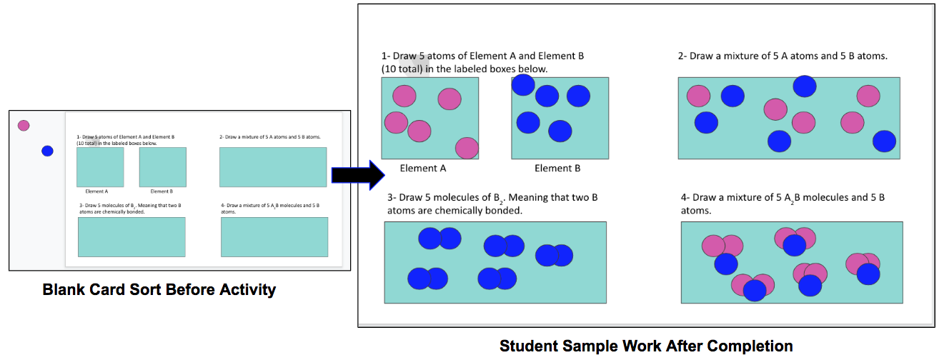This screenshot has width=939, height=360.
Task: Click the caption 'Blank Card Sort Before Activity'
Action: [x=159, y=290]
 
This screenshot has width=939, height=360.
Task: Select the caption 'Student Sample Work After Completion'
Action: [x=646, y=346]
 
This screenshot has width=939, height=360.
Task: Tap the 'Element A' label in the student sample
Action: [x=423, y=169]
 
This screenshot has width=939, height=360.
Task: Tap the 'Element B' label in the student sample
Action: [x=557, y=169]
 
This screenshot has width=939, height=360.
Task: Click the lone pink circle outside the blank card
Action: [x=24, y=126]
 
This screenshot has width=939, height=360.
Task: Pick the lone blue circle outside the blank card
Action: [x=47, y=151]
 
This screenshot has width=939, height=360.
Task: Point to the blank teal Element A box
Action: [x=100, y=167]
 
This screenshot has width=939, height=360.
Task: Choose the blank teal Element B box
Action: [x=162, y=167]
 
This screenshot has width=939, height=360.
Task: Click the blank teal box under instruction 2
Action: [x=273, y=167]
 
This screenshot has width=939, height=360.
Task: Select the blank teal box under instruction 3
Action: [x=131, y=237]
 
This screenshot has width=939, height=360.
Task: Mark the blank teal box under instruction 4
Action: [x=274, y=237]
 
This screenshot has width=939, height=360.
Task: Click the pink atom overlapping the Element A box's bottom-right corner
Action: [x=467, y=148]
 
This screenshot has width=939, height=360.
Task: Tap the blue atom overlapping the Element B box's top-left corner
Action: [x=523, y=85]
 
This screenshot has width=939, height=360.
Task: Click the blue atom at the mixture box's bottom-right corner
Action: [x=884, y=141]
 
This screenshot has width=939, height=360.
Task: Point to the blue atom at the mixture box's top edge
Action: [x=805, y=86]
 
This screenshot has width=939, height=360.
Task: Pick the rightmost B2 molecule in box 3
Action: [x=554, y=255]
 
